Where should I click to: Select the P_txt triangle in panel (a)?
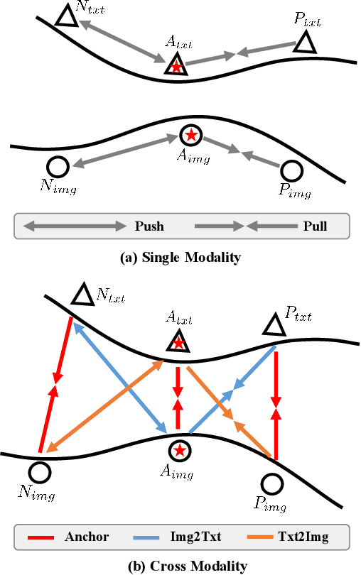pos(306,43)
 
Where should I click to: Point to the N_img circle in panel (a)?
pos(58,167)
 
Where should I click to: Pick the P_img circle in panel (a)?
pos(291,170)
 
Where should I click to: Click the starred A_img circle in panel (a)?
pos(190,134)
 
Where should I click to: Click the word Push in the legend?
pos(149,226)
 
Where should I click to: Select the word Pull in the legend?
pos(315,226)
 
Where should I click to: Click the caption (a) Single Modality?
pos(180,258)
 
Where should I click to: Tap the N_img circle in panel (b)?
pos(40,471)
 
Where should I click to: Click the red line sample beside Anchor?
pos(44,536)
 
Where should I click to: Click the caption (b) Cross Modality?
pos(180,566)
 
